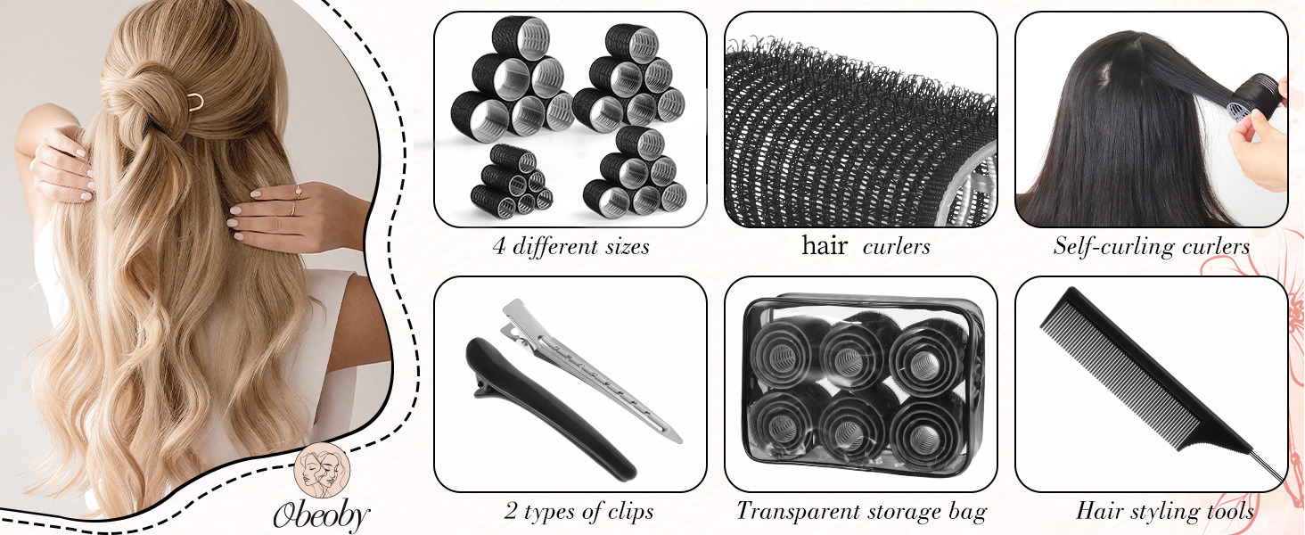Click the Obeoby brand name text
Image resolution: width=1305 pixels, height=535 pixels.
point(321,514)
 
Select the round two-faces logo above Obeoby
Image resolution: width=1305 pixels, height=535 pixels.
point(322,470)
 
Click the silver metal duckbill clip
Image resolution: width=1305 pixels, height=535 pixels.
point(588,368)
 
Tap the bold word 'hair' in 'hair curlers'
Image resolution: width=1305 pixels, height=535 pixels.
point(825,245)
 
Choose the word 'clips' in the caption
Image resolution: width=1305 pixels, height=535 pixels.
point(630,512)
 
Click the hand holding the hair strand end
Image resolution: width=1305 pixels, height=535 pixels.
point(1259,152)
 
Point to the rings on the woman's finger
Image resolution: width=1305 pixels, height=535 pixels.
point(297,201)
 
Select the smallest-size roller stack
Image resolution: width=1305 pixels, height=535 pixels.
point(512,181)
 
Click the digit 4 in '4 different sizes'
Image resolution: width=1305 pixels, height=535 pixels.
point(498,247)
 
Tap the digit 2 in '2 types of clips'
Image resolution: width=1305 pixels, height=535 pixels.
point(511,512)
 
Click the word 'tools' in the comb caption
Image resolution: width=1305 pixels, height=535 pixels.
point(1230,512)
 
